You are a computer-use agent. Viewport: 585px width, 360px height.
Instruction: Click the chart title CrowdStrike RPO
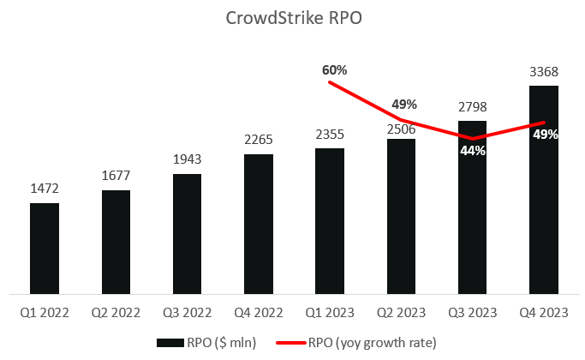point(292,19)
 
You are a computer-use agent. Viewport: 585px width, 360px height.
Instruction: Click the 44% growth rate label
point(473,151)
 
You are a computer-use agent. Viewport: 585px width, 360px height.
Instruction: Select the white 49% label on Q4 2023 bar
point(546,135)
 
